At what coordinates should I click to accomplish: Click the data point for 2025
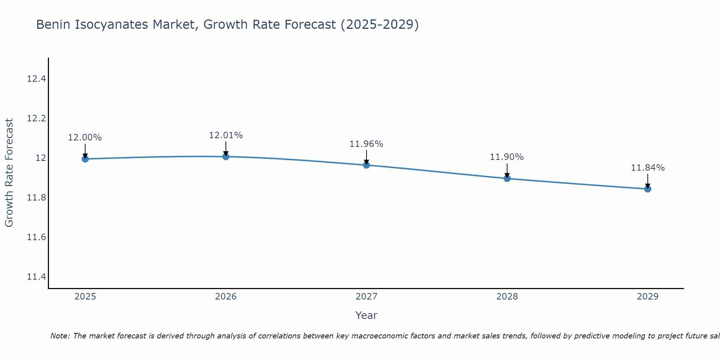(85, 159)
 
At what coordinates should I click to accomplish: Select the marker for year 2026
(226, 156)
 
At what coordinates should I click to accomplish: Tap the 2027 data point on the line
(366, 165)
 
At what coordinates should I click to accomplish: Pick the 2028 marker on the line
(507, 178)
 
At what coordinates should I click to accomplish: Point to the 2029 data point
(648, 189)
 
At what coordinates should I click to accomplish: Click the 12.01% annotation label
(226, 135)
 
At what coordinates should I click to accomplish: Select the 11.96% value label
(366, 144)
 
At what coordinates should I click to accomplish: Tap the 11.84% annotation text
(648, 168)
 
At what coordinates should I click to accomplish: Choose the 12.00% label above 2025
(85, 138)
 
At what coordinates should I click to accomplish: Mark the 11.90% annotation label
(507, 157)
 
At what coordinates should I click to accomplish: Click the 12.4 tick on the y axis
(36, 78)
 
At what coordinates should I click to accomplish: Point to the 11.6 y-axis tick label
(36, 237)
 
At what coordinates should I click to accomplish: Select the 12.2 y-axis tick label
(36, 118)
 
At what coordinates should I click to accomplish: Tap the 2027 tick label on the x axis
(366, 297)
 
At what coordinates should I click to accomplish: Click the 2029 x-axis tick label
(648, 297)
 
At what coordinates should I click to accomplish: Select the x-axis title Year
(366, 315)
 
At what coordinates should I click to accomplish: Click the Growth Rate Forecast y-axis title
(9, 173)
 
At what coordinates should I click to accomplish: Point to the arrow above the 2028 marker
(507, 170)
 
